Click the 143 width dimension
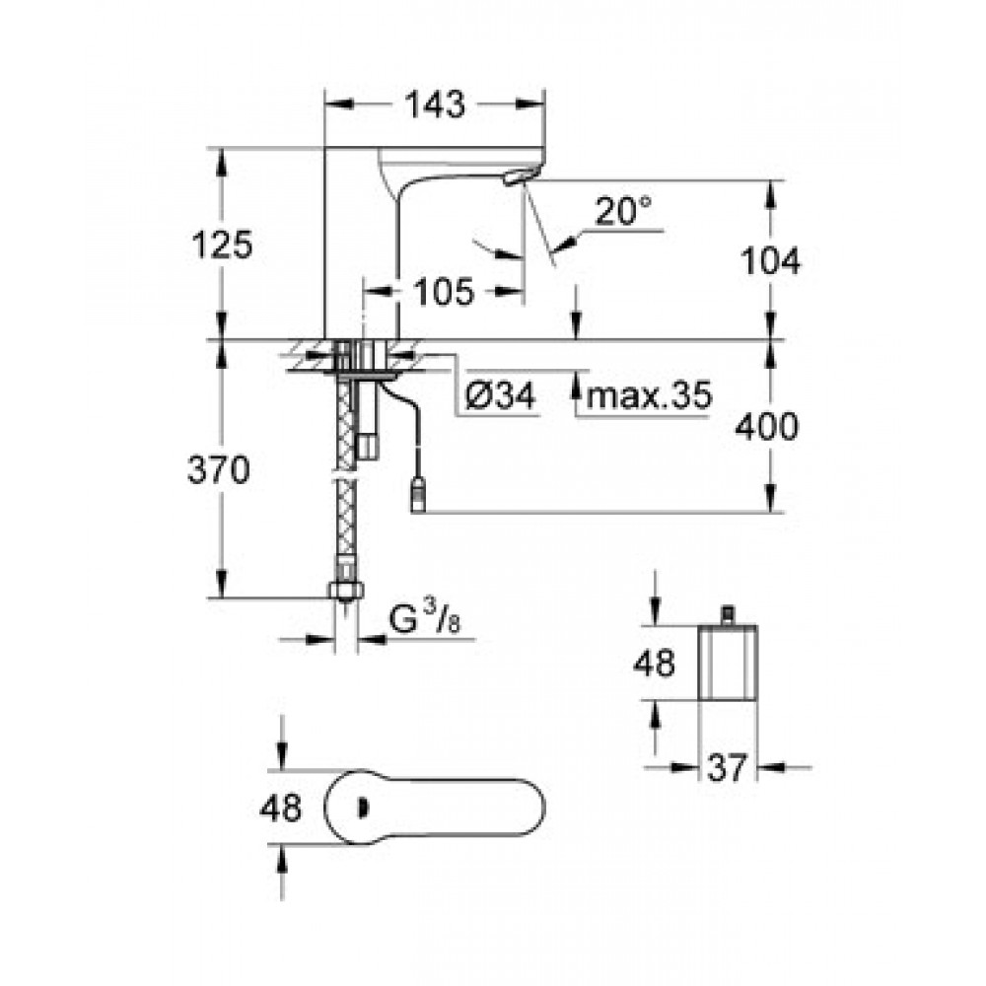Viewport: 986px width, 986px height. pyautogui.click(x=435, y=105)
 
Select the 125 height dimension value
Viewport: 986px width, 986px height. pyautogui.click(x=222, y=244)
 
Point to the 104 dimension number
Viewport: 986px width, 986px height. pyautogui.click(x=770, y=260)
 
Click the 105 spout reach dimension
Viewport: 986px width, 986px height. pyautogui.click(x=444, y=292)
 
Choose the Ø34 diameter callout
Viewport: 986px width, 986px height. pyautogui.click(x=501, y=395)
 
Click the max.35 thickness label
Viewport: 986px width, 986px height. pyautogui.click(x=649, y=395)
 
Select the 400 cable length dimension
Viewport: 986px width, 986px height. pyautogui.click(x=766, y=426)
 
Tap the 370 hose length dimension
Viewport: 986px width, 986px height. pyautogui.click(x=219, y=469)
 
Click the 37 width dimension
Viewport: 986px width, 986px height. pyautogui.click(x=727, y=767)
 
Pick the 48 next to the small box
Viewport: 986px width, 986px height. pyautogui.click(x=654, y=663)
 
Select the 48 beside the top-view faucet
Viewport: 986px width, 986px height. pyautogui.click(x=280, y=807)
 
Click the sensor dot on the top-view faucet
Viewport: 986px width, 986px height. pyautogui.click(x=362, y=807)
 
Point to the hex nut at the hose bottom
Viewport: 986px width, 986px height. pyautogui.click(x=345, y=590)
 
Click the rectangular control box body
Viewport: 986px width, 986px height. pyautogui.click(x=728, y=663)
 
